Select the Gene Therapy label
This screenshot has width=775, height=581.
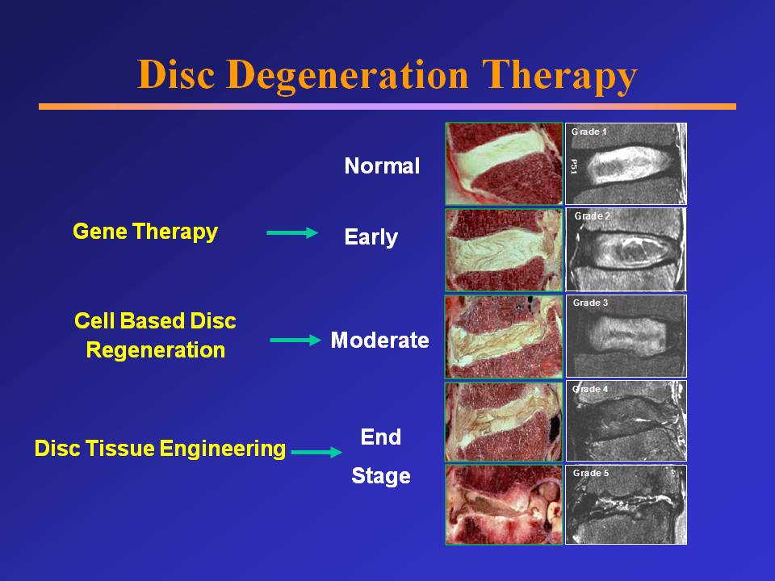145,232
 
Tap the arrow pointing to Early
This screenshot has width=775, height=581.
293,232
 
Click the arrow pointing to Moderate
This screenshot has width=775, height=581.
295,340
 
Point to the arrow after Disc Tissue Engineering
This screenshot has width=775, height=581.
316,453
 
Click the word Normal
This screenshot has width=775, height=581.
382,166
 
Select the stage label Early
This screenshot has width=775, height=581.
371,237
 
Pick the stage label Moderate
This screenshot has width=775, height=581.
379,340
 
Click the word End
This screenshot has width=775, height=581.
380,437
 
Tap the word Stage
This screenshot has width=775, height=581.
380,476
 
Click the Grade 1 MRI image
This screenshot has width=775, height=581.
626,164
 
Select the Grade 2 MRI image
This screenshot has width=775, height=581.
626,249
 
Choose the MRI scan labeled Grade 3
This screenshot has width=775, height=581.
626,336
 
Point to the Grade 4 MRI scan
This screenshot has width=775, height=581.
626,420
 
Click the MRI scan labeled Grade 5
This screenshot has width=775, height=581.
626,504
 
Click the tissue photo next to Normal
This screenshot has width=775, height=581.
504,164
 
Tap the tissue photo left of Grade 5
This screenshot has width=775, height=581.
504,504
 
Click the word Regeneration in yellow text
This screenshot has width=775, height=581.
155,351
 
